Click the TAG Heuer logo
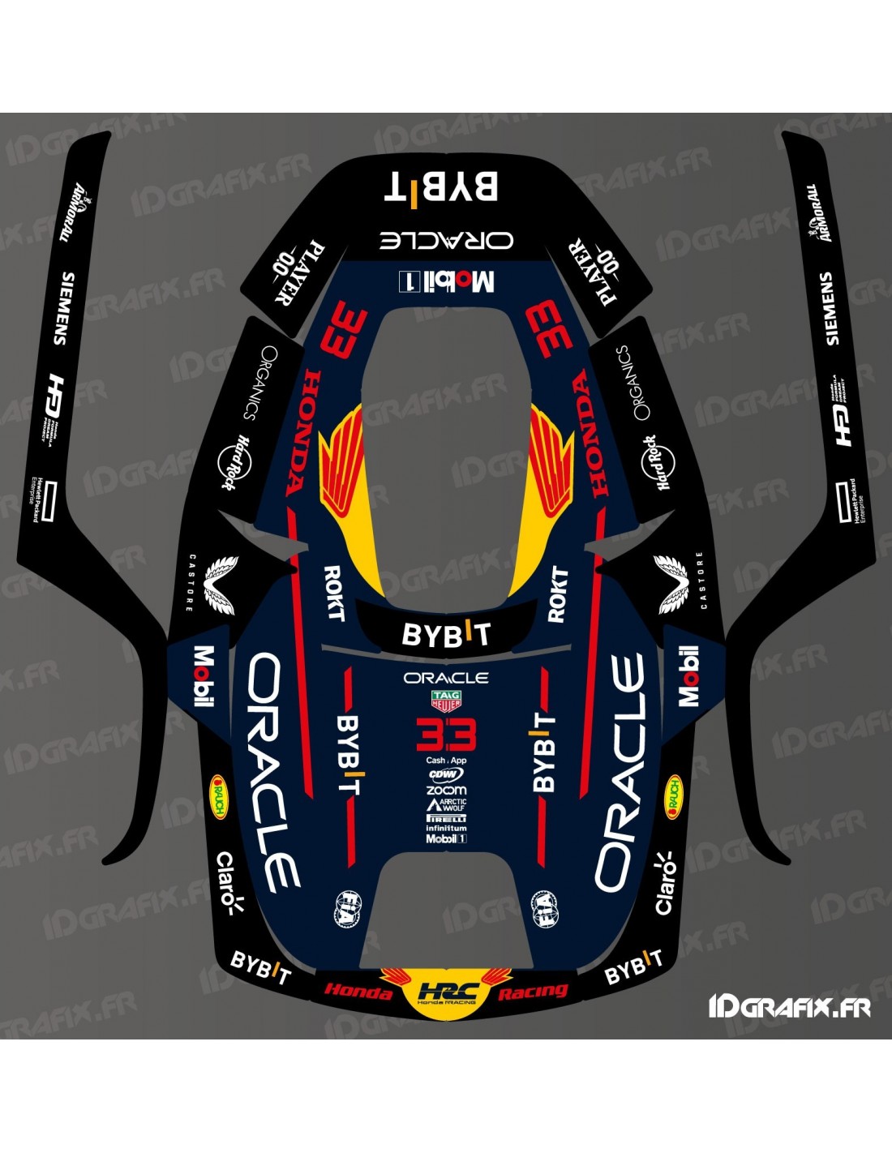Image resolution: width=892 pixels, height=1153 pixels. [446, 701]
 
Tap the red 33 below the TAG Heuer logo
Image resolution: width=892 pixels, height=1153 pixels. [446, 736]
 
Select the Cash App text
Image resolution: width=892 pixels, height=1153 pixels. [446, 761]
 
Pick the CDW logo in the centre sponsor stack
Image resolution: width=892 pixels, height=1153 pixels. [446, 774]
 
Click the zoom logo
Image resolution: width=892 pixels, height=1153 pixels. [446, 790]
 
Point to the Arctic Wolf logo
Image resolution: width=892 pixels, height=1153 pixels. [446, 804]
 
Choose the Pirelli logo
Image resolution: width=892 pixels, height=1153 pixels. [446, 818]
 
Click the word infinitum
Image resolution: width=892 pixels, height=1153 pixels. [446, 828]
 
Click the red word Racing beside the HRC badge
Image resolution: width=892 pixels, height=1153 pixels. [533, 991]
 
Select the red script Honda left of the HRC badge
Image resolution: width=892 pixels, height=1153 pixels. [358, 991]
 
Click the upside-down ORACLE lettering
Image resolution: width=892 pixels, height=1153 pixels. [446, 239]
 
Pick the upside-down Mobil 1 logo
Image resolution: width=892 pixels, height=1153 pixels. [446, 281]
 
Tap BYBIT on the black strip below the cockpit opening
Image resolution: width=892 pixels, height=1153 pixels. [446, 635]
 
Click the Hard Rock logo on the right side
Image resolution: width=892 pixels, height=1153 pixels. [658, 463]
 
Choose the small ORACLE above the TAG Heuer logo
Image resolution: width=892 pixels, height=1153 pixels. [446, 678]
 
